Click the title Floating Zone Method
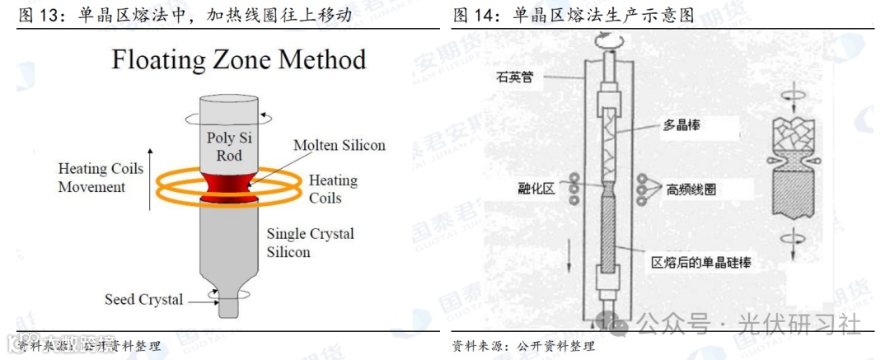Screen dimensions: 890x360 [x=239, y=59]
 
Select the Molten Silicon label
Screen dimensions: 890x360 [x=340, y=146]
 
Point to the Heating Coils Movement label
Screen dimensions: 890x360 [x=100, y=178]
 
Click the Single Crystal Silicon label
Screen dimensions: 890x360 [x=311, y=242]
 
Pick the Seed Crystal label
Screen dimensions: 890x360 [x=144, y=299]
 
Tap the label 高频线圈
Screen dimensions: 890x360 [x=691, y=189]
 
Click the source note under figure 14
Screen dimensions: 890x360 [x=523, y=346]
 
